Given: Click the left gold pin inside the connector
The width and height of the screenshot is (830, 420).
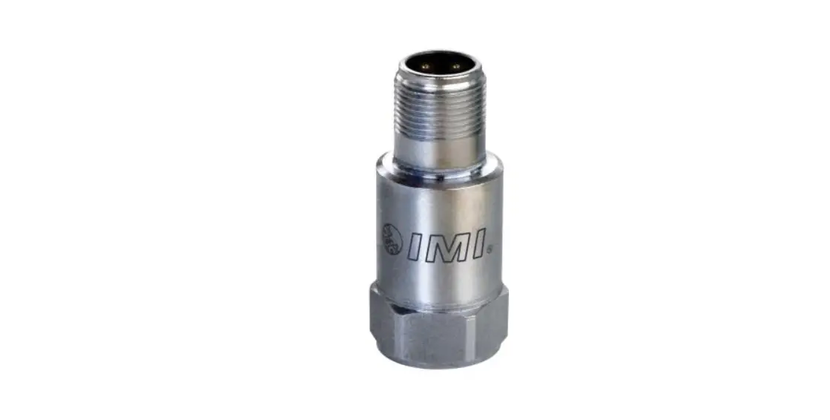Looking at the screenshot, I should pos(424,65).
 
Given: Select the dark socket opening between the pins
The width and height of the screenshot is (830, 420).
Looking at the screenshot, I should pos(439,62).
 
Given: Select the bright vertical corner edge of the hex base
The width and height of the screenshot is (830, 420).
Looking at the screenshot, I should pos(401,327).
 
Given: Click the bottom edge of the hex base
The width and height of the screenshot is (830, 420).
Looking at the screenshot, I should pos(441,365).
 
